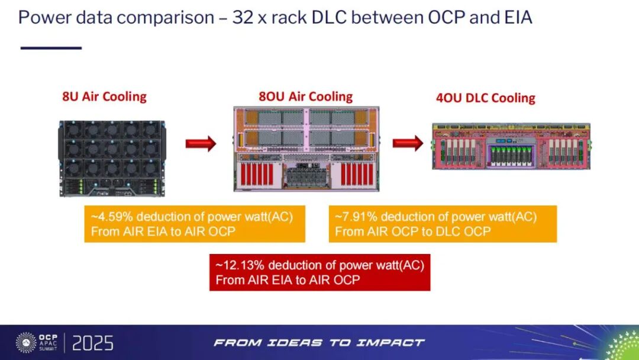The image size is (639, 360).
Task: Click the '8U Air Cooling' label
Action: click(104, 97)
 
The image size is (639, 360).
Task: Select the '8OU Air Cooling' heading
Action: click(305, 97)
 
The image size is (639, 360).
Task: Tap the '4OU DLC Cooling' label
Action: click(485, 98)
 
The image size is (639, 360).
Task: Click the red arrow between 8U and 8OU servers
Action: click(201, 144)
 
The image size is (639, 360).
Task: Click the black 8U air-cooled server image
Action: click(112, 158)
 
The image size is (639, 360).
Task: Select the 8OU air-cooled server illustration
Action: click(306, 149)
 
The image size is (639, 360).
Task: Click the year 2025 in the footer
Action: click(93, 343)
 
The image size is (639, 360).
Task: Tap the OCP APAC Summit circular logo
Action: click(26, 343)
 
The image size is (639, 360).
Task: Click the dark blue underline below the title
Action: click(50, 47)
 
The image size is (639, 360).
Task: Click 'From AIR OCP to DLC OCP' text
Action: click(412, 231)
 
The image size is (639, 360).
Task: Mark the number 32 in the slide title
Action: click(241, 17)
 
